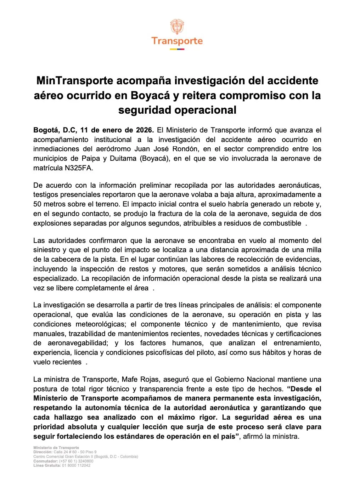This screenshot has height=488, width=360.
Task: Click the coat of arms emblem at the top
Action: (177, 27)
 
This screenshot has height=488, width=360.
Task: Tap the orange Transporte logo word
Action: (177, 41)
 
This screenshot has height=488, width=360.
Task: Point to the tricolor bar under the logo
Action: (177, 49)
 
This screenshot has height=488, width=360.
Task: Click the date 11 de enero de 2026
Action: (117, 130)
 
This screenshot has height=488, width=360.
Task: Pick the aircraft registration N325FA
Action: (79, 168)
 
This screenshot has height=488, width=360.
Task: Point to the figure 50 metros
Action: (50, 204)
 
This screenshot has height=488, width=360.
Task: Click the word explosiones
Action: (52, 223)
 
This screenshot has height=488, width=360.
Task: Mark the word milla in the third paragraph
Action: (313, 250)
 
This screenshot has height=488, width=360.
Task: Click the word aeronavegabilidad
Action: (78, 343)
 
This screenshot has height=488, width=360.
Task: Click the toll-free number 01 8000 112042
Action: (76, 465)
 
